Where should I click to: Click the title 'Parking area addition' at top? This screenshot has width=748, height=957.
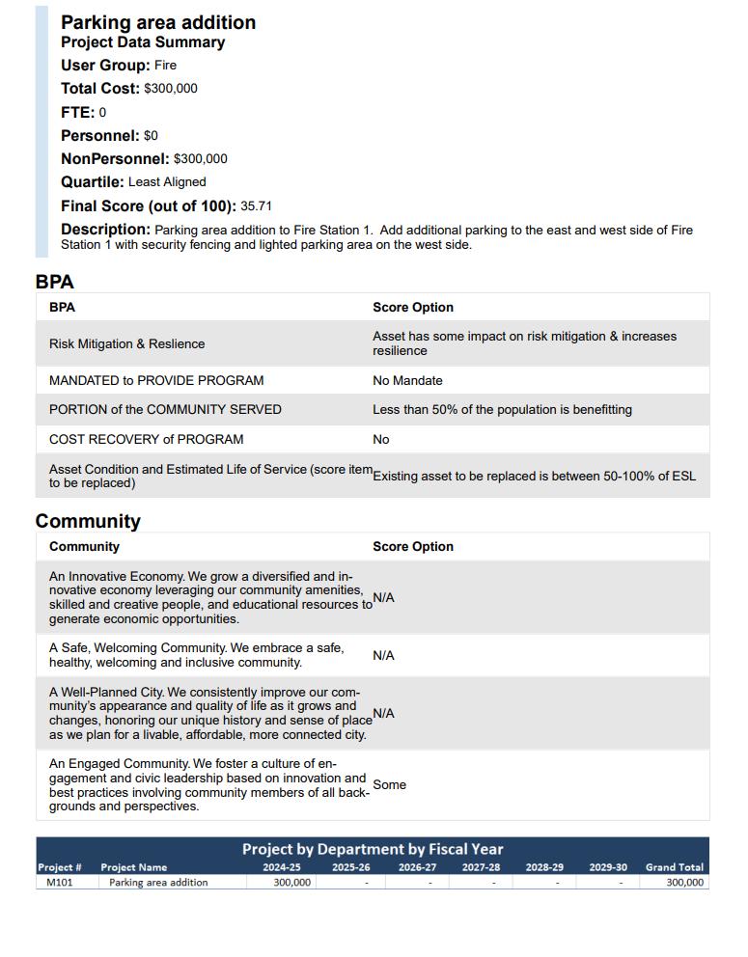tap(158, 22)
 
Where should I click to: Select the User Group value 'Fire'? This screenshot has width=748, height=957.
tap(165, 66)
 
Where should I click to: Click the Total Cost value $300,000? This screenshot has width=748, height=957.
tap(171, 89)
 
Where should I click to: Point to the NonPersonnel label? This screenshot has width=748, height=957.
tap(115, 158)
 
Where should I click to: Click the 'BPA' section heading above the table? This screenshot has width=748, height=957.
tap(54, 282)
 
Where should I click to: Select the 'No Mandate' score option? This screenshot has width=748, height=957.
tap(407, 380)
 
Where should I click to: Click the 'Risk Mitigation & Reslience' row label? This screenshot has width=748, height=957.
tap(126, 343)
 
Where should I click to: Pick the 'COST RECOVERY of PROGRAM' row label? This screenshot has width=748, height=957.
tap(146, 439)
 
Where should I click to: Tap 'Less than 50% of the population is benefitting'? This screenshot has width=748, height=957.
tap(502, 409)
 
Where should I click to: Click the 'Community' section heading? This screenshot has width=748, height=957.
tap(88, 521)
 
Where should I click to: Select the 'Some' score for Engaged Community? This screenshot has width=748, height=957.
tap(389, 784)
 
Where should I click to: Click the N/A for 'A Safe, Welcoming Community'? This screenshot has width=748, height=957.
tap(383, 655)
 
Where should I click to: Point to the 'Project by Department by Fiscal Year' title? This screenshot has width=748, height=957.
tap(373, 849)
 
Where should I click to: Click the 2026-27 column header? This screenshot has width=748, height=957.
tap(416, 867)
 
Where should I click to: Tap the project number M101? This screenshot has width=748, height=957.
tap(59, 882)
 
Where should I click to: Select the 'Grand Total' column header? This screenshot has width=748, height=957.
tap(674, 867)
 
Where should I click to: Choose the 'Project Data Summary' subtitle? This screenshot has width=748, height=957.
tap(143, 42)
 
